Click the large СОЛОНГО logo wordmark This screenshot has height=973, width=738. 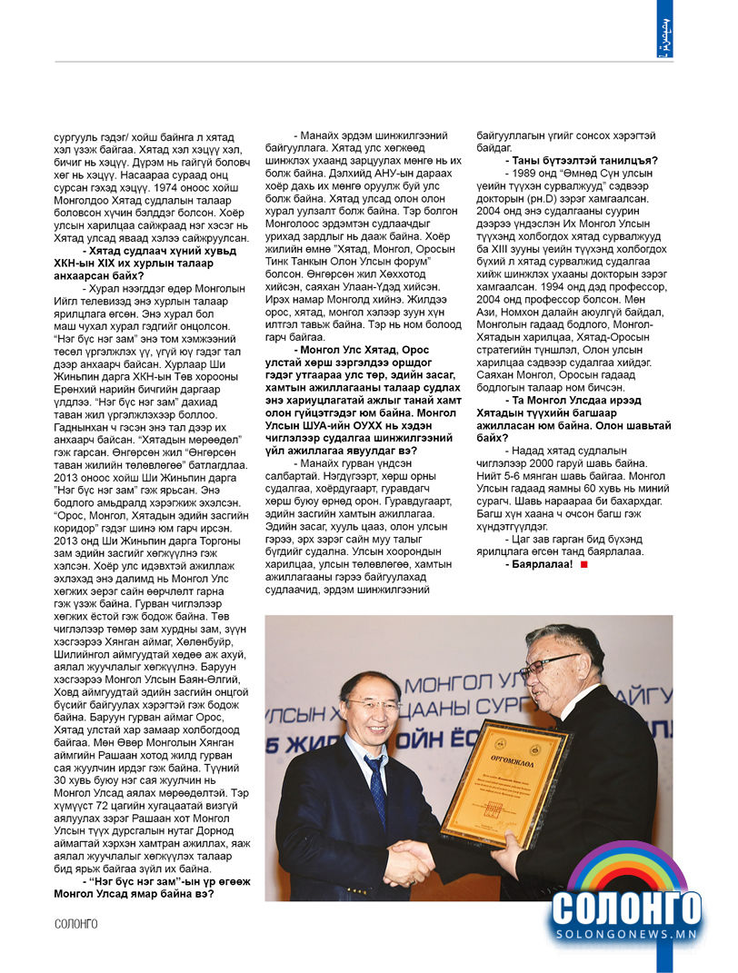click(x=626, y=908)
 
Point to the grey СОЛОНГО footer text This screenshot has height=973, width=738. click(x=76, y=924)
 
